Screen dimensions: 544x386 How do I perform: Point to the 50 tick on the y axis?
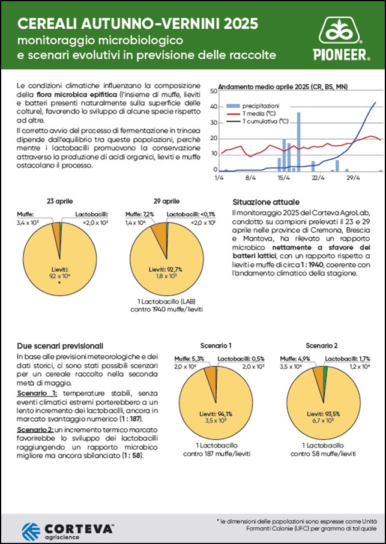[213, 91]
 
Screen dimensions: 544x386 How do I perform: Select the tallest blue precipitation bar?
[298, 142]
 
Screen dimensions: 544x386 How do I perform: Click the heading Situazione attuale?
[265, 203]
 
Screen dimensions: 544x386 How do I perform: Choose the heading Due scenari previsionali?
[59, 346]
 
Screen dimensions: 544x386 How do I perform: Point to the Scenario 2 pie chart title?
[322, 346]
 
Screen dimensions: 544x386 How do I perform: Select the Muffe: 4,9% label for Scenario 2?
[298, 358]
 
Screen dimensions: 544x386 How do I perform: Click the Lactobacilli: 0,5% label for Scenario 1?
[240, 358]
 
